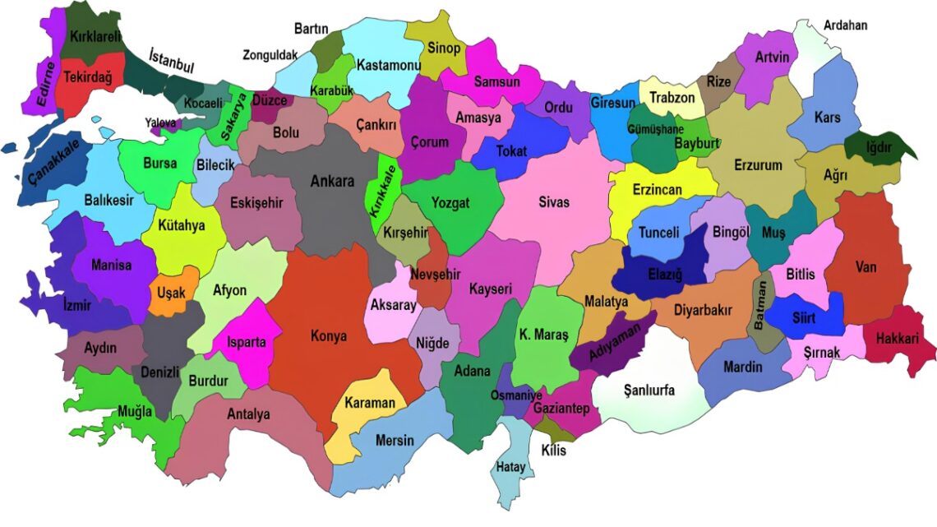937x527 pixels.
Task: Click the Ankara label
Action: click(332, 182)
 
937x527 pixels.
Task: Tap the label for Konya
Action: click(328, 336)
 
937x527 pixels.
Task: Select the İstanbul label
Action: click(171, 60)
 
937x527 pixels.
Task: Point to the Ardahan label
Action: click(845, 25)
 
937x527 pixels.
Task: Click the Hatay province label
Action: click(510, 468)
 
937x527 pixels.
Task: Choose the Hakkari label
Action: click(898, 338)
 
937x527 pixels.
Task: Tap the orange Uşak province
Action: click(172, 291)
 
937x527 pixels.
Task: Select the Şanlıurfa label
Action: click(649, 391)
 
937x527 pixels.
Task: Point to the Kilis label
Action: click(553, 450)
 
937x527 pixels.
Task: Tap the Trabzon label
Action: click(672, 98)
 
